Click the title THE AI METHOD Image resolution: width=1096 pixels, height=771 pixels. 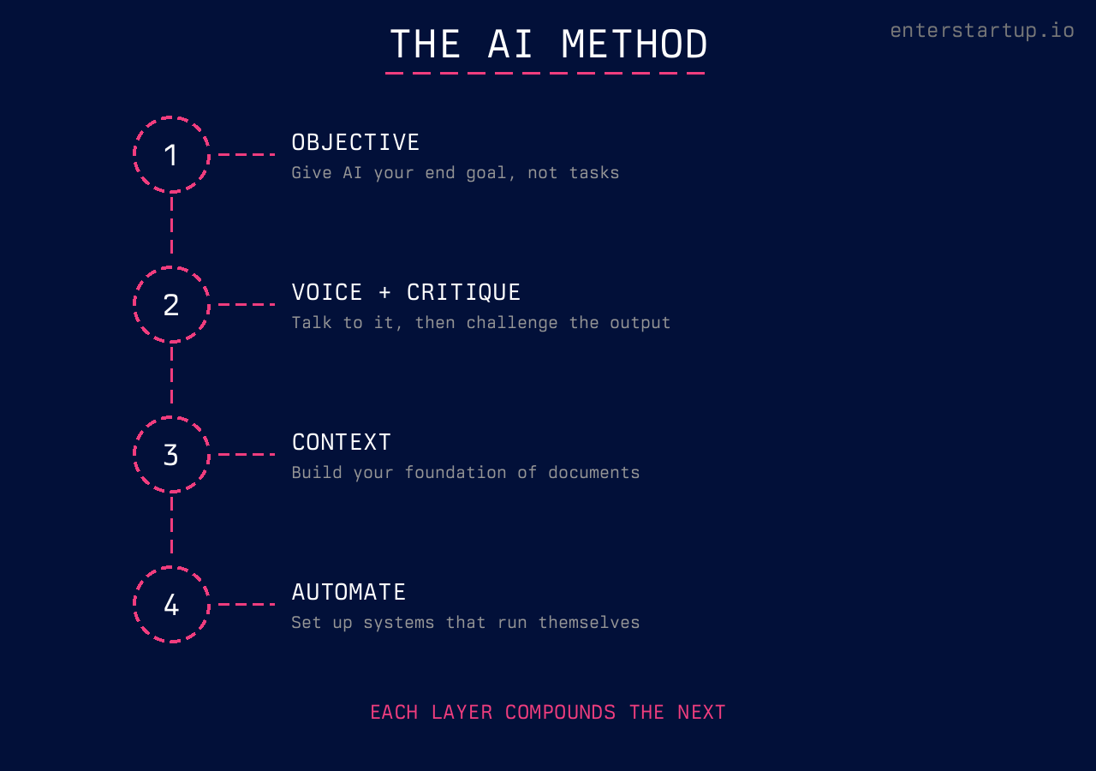[548, 44]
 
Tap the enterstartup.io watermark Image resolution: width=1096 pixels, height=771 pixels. [981, 31]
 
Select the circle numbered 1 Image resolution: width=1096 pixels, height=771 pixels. [171, 155]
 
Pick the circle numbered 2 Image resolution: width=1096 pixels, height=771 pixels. [171, 305]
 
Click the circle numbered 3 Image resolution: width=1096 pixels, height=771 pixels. [171, 455]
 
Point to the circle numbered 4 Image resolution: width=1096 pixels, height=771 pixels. [171, 605]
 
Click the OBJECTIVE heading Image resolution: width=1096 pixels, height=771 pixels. [355, 142]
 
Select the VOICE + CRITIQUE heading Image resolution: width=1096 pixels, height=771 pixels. [406, 292]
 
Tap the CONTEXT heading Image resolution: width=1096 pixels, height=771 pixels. [341, 442]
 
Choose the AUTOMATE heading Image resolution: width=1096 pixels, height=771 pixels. [348, 592]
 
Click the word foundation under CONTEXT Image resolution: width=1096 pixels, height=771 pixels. [456, 473]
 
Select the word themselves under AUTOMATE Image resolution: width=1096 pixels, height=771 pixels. [588, 623]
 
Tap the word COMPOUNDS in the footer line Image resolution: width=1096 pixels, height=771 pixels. [560, 712]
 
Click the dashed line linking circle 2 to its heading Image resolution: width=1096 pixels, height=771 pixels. [247, 304]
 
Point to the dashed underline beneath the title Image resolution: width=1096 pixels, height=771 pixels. [545, 74]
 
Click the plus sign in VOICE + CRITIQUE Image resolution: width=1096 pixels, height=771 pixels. [384, 293]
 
